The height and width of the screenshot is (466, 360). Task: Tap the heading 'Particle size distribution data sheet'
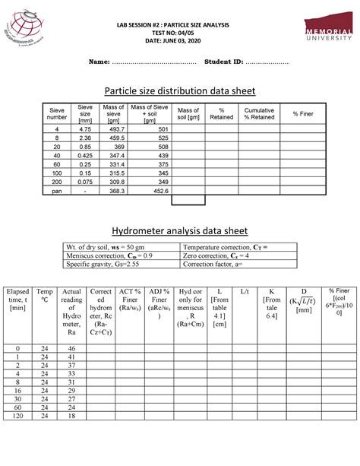click(179, 90)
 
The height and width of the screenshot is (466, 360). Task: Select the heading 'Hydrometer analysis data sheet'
click(179, 230)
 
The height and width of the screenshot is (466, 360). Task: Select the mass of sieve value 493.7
click(115, 129)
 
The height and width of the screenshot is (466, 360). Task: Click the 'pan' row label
click(57, 191)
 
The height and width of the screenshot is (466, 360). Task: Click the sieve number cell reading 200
click(57, 181)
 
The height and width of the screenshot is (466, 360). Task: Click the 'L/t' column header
click(245, 292)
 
